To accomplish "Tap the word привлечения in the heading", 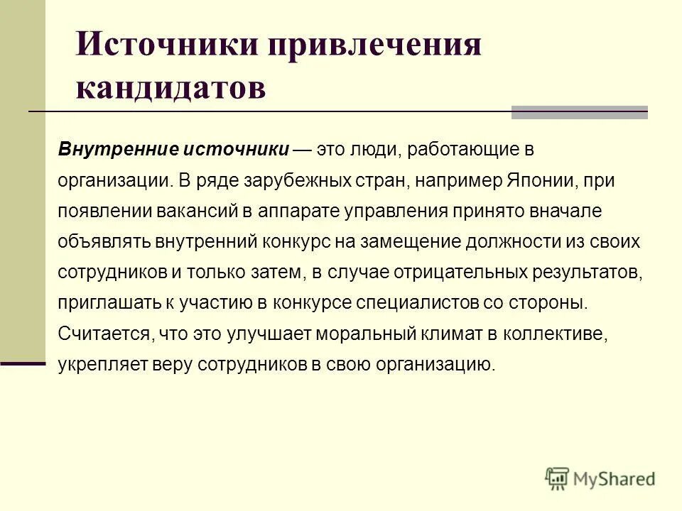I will tap(374, 46).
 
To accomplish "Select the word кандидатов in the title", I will tap(170, 88).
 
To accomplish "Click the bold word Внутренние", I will tap(118, 150).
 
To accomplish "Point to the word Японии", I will tap(539, 180).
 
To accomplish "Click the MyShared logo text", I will tap(615, 479).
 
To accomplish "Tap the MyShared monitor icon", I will tap(558, 478).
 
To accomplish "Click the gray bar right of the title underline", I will tap(580, 112).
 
